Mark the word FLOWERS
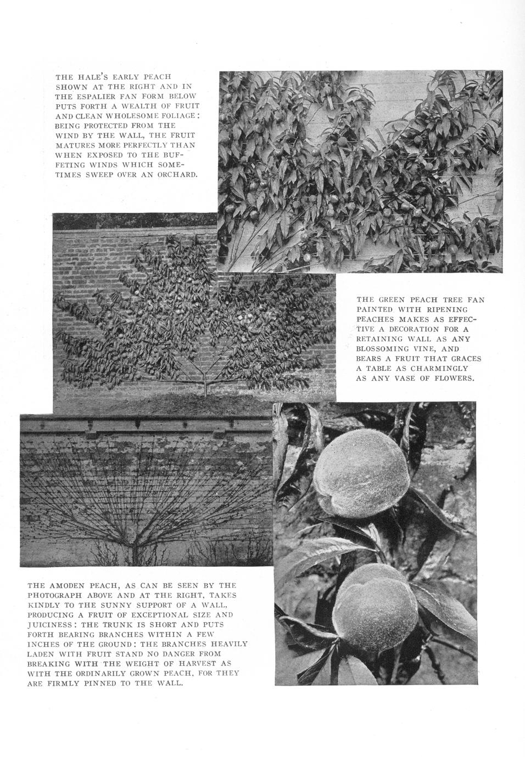coord(454,378)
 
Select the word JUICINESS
coord(50,625)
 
